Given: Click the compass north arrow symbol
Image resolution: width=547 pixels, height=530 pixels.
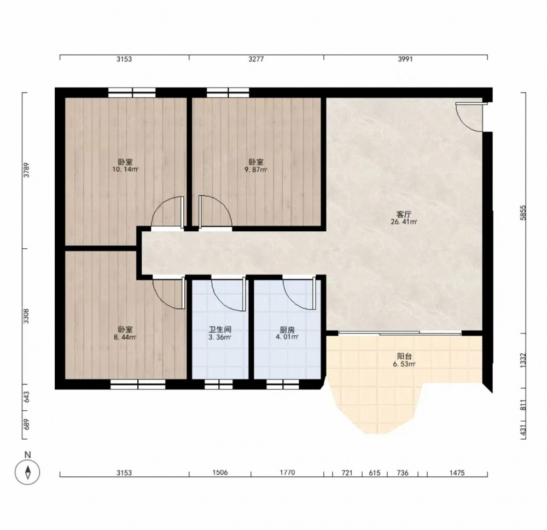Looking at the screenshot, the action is pos(27,472).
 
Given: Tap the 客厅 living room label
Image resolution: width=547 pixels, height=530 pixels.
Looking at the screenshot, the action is pos(404,214).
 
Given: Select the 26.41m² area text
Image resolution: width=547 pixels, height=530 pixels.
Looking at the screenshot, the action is pos(404,222).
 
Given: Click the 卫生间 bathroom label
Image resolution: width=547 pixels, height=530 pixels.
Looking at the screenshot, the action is pos(220,329).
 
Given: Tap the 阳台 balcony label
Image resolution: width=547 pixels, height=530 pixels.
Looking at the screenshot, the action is pos(405,356).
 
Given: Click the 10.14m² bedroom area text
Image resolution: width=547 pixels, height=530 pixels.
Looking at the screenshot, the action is pos(125,170).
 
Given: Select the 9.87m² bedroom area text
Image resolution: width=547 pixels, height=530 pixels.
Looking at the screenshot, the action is pos(256,170).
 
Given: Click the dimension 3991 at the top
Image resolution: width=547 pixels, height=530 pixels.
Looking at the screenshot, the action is pos(405,59).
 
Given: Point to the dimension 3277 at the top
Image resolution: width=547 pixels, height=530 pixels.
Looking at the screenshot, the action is pos(256,59).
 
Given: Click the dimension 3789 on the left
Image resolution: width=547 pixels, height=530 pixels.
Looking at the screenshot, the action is pos(26,170).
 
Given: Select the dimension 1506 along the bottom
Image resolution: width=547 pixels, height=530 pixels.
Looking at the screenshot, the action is pos(220,473).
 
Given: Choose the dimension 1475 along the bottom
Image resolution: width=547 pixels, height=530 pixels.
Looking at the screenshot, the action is pos(457,473).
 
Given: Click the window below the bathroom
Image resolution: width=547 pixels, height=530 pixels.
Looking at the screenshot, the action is pos(219,384).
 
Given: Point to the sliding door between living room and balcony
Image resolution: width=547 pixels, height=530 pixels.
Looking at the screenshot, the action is pos(400,333).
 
